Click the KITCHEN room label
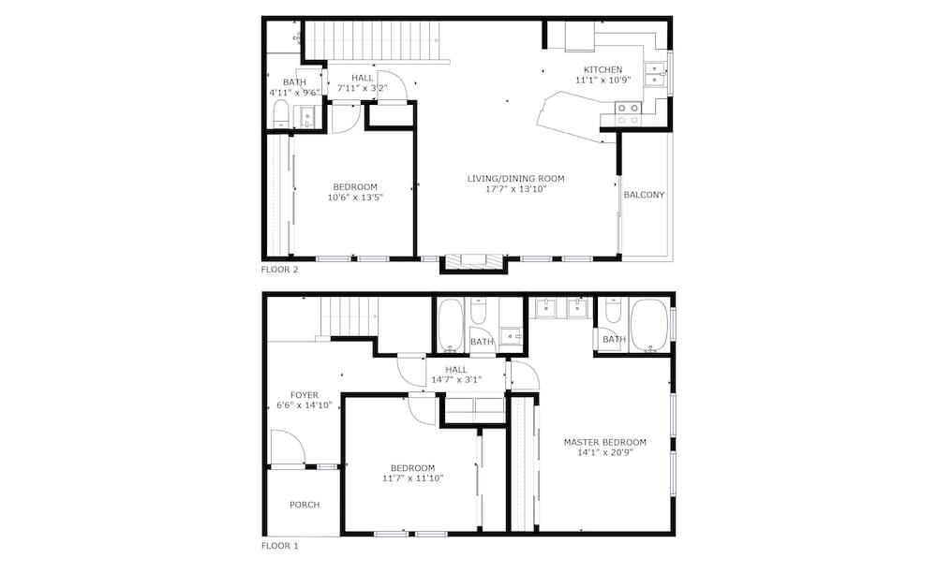(602, 70)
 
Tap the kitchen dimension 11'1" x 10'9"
(602, 80)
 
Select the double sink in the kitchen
(655, 74)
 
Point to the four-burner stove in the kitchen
(629, 114)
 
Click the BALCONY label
(644, 195)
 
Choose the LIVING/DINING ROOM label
(515, 179)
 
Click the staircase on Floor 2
(372, 40)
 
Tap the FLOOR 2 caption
(279, 270)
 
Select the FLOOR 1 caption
(279, 546)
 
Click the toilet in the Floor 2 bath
(281, 113)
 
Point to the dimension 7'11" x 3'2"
(362, 88)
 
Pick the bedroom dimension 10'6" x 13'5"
(355, 197)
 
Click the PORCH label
(305, 505)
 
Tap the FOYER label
(305, 395)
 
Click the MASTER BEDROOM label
(604, 442)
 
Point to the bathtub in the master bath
(649, 325)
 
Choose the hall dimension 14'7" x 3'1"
(456, 379)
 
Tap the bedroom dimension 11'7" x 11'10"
(413, 478)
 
